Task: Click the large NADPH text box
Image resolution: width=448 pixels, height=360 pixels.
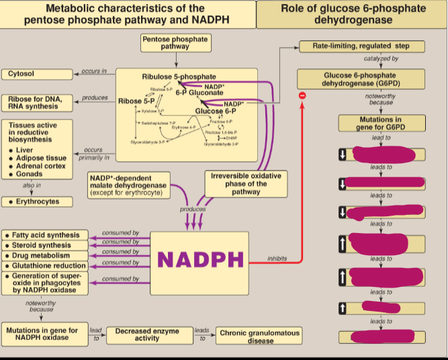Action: [x=199, y=259]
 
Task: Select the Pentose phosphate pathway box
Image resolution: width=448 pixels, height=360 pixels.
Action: [x=175, y=43]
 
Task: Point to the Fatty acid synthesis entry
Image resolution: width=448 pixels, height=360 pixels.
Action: [x=44, y=236]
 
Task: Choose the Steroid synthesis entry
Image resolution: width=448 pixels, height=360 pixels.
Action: [x=44, y=246]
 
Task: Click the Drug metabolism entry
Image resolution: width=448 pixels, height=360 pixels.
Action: [x=44, y=256]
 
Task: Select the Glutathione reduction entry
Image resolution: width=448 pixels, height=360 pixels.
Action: [x=44, y=266]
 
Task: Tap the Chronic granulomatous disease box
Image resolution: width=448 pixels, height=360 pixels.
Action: [x=260, y=336]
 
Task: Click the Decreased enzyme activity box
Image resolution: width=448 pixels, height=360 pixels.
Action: [x=147, y=334]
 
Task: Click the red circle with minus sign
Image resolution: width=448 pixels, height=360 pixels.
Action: [x=302, y=96]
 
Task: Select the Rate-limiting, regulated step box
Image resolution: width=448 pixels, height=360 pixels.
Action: [x=361, y=46]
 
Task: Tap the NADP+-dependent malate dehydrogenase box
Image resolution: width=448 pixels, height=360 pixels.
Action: [x=129, y=186]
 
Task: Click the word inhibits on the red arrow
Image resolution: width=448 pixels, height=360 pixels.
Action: [x=277, y=258]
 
